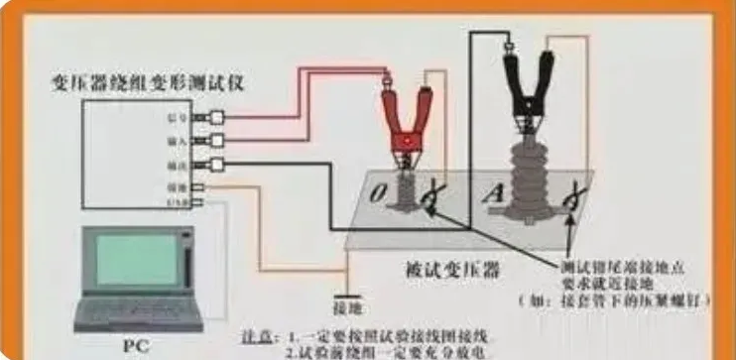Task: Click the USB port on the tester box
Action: click(199, 203)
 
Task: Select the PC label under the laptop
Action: click(135, 345)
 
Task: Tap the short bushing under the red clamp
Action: click(405, 190)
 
